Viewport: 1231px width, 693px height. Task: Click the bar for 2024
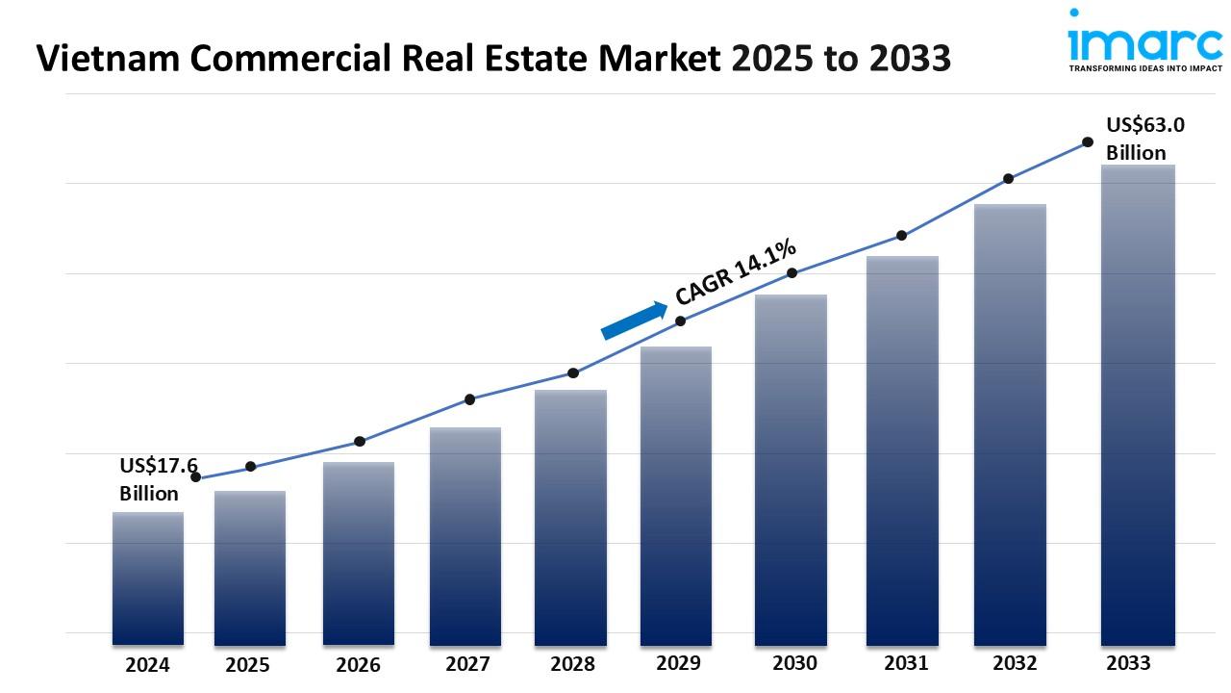point(147,577)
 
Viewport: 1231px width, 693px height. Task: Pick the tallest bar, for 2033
point(1138,404)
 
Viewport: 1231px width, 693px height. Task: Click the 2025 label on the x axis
point(248,665)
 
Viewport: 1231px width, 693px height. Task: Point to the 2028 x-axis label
point(572,664)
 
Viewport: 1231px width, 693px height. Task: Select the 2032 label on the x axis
point(1015,663)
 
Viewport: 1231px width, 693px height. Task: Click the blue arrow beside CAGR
point(634,321)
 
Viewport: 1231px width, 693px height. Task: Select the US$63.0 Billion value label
point(1144,139)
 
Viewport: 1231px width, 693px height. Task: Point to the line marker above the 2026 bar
point(360,441)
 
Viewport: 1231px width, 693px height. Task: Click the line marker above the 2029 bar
point(680,321)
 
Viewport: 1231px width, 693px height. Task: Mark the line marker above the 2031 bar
point(902,235)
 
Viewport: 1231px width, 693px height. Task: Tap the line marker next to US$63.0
point(1088,141)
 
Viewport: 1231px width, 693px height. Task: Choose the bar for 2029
point(676,495)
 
